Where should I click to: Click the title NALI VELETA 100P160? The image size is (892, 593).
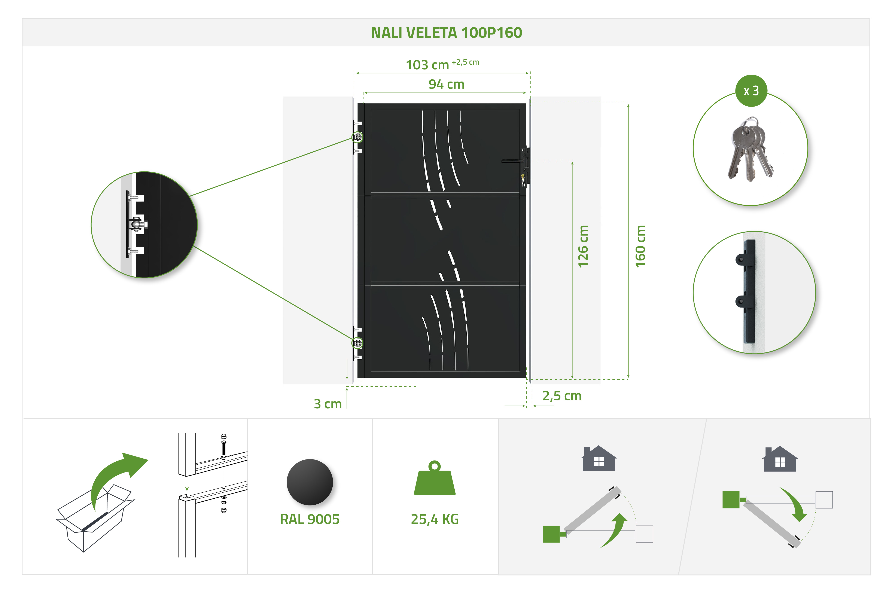click(446, 33)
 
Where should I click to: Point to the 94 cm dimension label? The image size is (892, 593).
click(446, 84)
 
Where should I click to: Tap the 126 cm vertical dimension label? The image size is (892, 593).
click(583, 246)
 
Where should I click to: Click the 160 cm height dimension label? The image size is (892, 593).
click(640, 246)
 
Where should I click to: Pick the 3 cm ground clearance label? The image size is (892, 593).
click(328, 404)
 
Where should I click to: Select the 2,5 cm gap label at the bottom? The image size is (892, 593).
click(562, 396)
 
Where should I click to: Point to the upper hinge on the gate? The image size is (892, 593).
click(357, 137)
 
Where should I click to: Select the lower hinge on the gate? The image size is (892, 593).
click(357, 343)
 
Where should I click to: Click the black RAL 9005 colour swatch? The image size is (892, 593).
click(310, 482)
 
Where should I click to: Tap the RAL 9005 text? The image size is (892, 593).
click(310, 519)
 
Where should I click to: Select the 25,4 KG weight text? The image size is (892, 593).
click(435, 519)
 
